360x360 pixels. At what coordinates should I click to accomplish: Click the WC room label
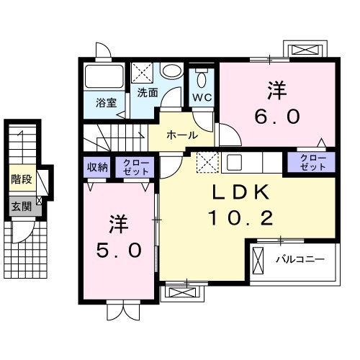[202, 97]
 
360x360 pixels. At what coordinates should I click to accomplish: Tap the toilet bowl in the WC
[202, 79]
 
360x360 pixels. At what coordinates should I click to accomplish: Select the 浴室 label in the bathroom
[106, 103]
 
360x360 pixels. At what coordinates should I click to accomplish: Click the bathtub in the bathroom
[104, 76]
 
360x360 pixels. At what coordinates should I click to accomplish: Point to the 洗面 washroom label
[148, 93]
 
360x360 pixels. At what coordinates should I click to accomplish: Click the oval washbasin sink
[171, 70]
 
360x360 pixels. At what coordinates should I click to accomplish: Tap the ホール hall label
[182, 135]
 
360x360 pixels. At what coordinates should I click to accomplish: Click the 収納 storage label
[97, 167]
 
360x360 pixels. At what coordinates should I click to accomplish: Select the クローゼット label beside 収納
[135, 167]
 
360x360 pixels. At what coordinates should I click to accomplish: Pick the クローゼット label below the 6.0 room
[313, 162]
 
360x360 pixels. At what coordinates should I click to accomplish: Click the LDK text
[240, 192]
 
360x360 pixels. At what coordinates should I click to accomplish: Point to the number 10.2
[241, 217]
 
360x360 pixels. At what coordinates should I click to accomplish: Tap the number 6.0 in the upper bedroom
[277, 116]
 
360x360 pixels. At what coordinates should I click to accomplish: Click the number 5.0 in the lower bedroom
[119, 250]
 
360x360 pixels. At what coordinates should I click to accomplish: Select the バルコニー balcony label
[300, 259]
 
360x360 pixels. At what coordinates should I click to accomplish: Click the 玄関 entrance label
[22, 207]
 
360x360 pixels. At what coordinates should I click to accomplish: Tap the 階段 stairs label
[22, 179]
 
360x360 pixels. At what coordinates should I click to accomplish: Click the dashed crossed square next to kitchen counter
[208, 162]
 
